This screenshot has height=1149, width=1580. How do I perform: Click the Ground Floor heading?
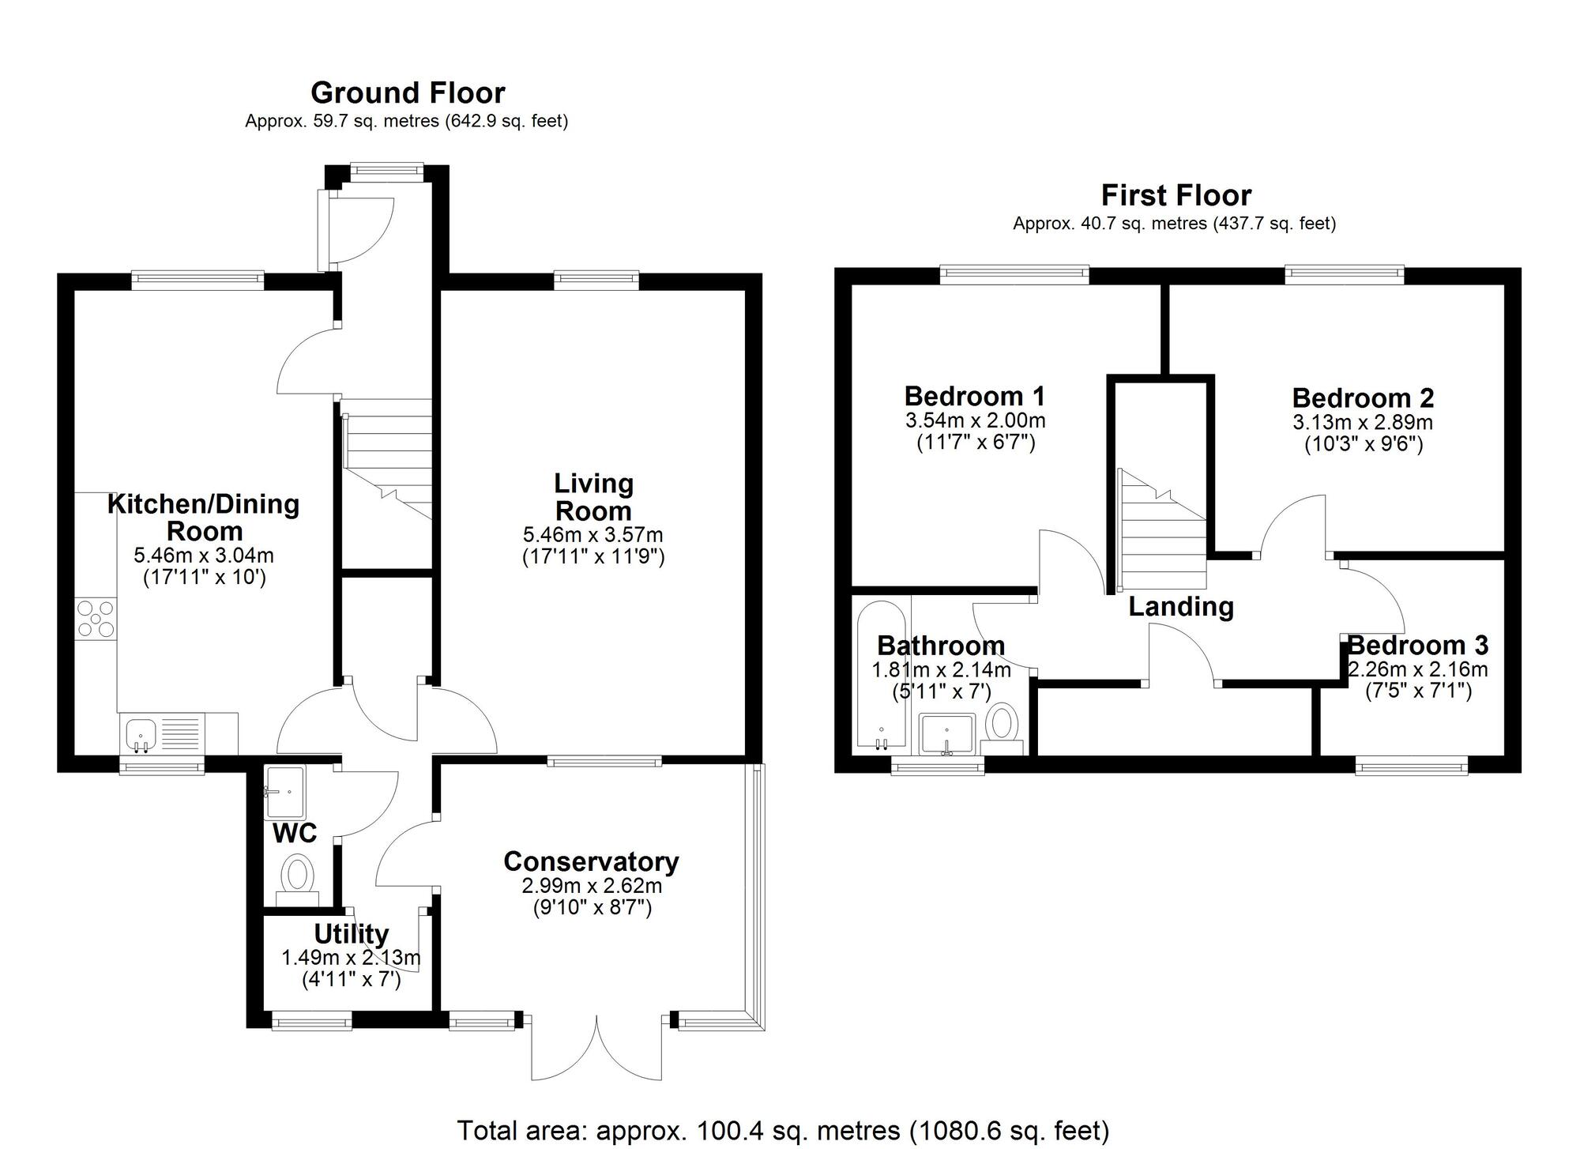(408, 93)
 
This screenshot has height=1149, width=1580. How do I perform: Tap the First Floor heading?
(1176, 195)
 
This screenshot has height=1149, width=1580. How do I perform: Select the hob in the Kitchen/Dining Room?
(96, 619)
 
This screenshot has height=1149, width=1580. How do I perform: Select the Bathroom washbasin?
(946, 733)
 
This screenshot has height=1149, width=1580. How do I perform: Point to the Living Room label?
(592, 497)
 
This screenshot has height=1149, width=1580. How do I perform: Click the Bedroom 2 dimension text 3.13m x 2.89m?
(1363, 423)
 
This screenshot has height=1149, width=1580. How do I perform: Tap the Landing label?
(1180, 607)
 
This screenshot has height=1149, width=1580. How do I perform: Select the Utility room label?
(351, 934)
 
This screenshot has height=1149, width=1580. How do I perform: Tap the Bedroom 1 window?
(1014, 274)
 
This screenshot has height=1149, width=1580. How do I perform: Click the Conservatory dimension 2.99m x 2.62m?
(592, 886)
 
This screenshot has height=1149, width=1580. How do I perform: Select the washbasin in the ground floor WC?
(284, 792)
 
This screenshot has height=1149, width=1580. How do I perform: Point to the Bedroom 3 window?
(1412, 764)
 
